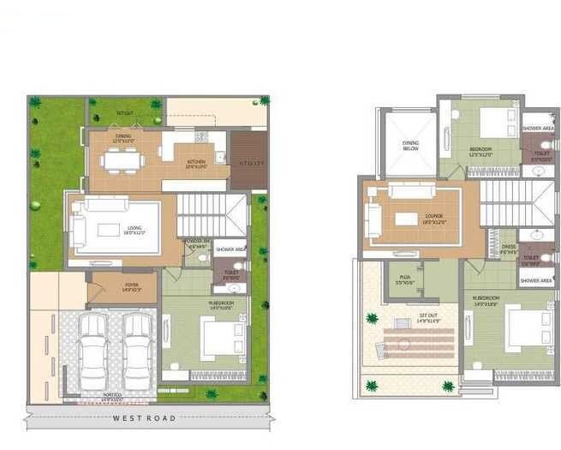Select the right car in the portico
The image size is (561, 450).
pyautogui.click(x=135, y=351)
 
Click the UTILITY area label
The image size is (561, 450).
pyautogui.click(x=249, y=161)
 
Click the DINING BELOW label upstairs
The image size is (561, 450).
pyautogui.click(x=410, y=145)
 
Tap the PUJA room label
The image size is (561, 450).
pyautogui.click(x=405, y=279)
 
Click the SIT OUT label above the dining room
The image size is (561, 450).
pyautogui.click(x=127, y=112)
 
